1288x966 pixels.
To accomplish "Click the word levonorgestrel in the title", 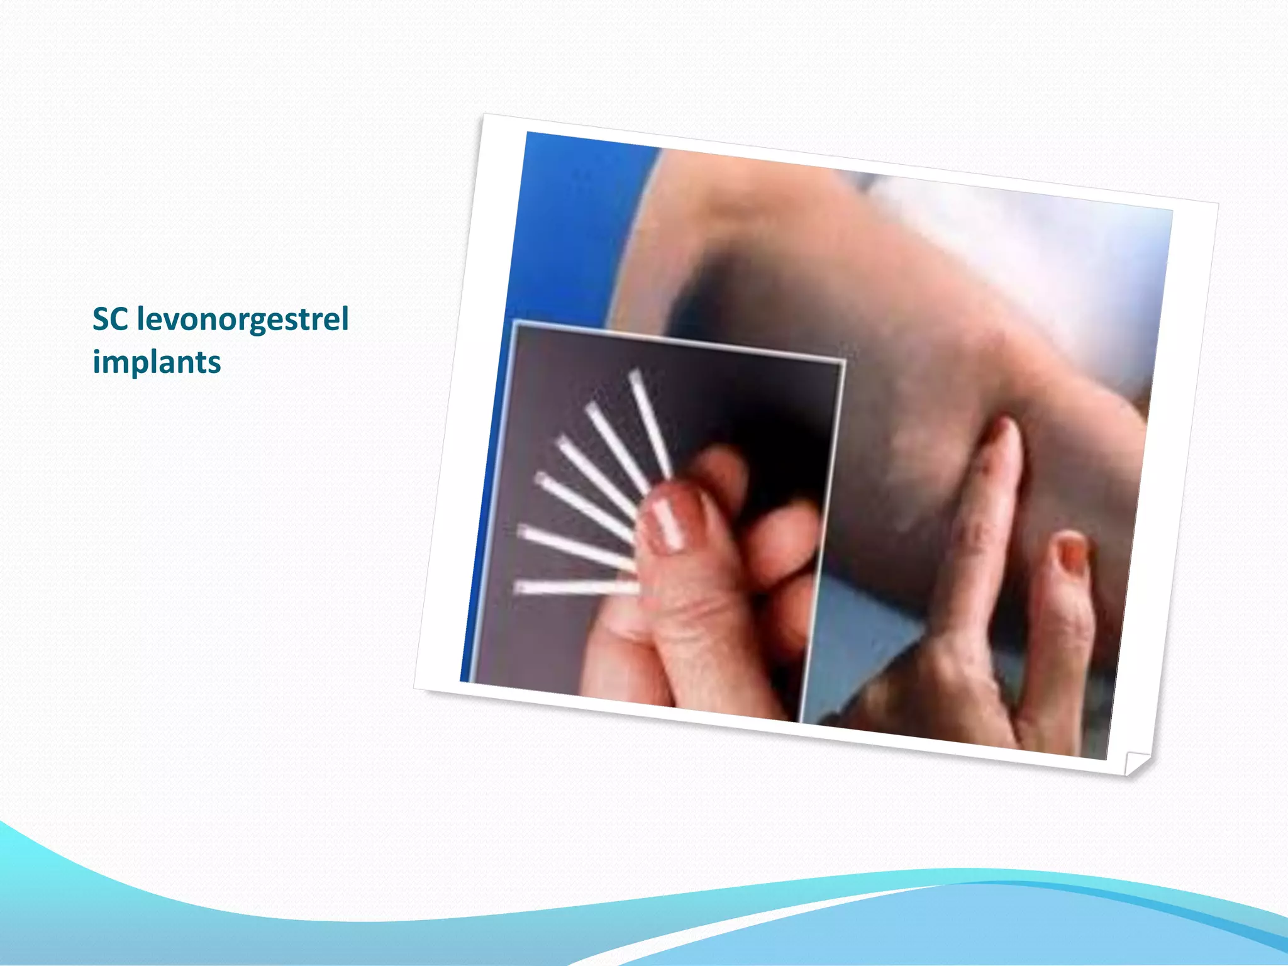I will pos(243,319).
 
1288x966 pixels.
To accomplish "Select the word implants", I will pos(157,362).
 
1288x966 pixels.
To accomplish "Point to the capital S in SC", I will pos(101,319).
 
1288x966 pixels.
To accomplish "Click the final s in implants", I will pos(214,364).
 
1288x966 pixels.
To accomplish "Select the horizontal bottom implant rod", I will pos(575,587).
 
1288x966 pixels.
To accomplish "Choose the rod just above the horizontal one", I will pos(575,546).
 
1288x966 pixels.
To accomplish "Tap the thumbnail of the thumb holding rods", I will pos(667,522).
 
